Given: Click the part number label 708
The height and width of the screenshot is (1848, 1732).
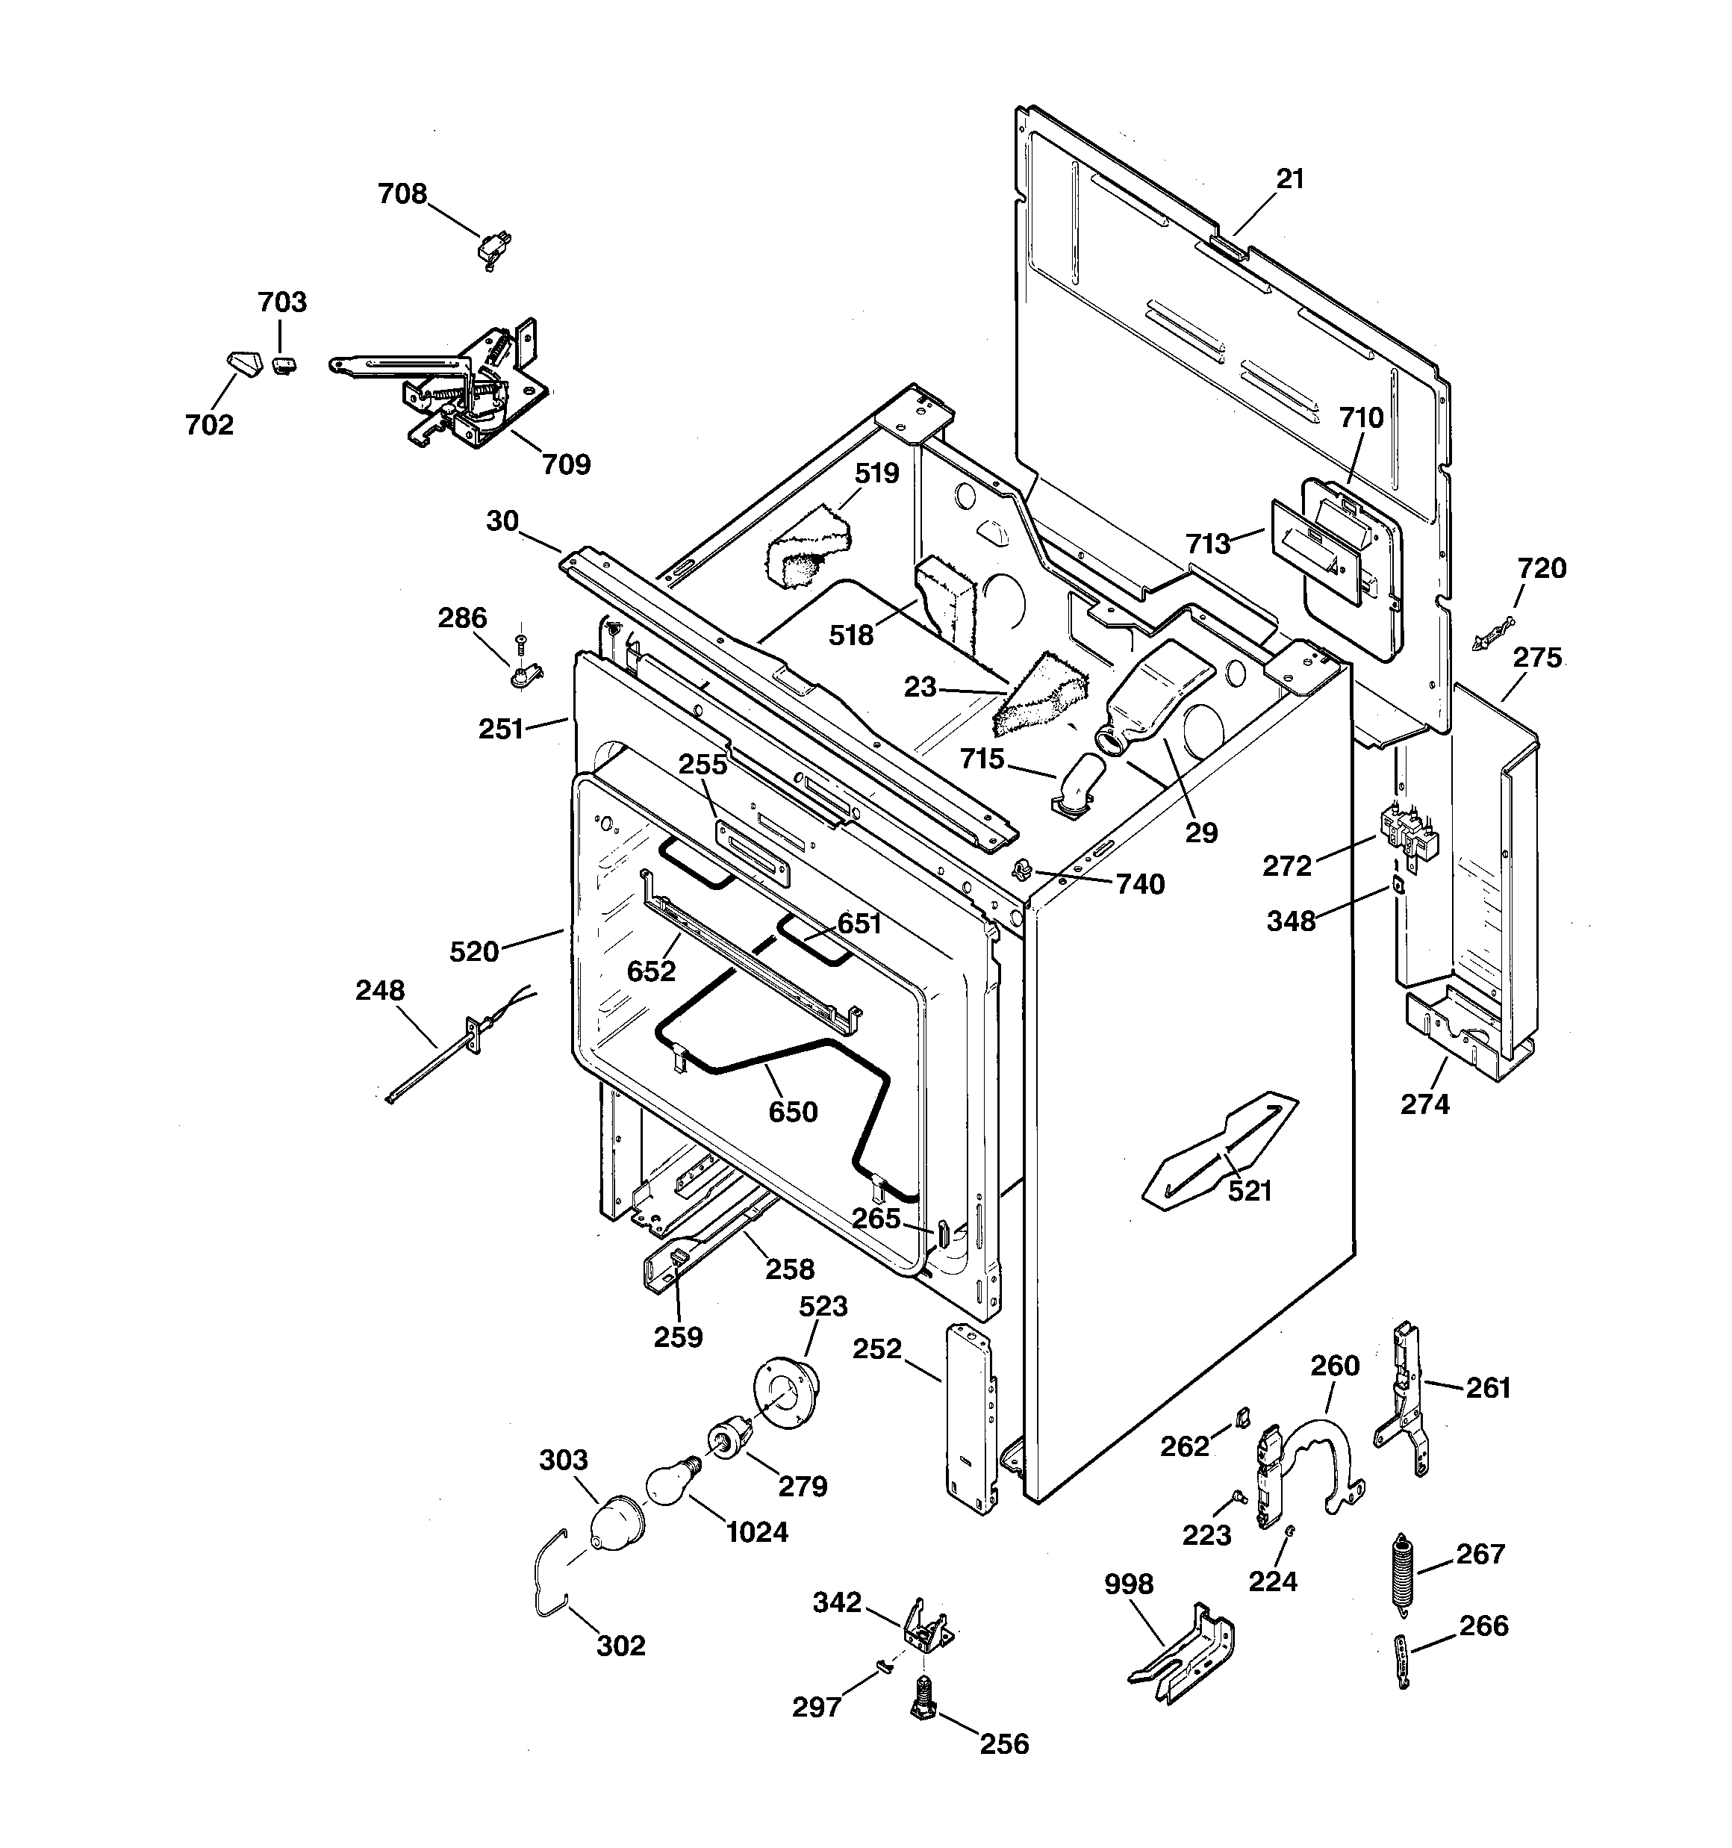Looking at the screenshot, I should (x=402, y=193).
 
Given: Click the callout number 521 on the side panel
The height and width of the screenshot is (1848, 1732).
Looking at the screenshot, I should (x=1250, y=1191).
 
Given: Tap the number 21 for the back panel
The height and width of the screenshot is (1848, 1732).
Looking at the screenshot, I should (x=1290, y=178).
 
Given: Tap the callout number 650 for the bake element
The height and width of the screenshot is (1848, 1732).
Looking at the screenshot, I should (x=793, y=1112).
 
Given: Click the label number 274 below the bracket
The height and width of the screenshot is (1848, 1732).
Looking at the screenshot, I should (x=1424, y=1104).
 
